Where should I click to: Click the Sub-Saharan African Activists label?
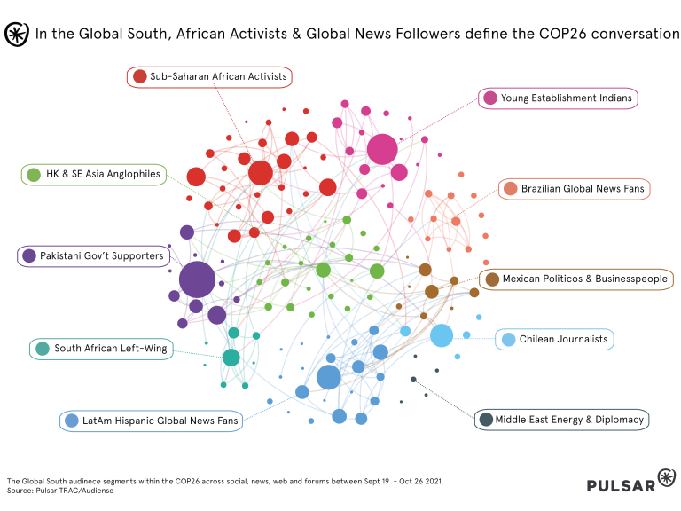tap(218, 77)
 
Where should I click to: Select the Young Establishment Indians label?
tap(567, 98)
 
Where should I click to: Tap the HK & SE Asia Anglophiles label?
tap(103, 175)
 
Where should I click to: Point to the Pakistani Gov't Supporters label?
tap(101, 256)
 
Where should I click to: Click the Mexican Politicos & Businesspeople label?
tap(584, 279)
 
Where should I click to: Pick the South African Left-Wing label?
tap(110, 349)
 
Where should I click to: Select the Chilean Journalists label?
tap(563, 340)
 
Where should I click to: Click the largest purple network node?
tap(197, 280)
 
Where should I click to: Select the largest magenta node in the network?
tap(382, 150)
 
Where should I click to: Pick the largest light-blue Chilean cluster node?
tap(442, 335)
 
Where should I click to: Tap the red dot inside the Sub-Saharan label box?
tap(139, 77)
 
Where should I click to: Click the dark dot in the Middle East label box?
tap(486, 420)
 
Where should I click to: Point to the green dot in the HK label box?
tap(34, 175)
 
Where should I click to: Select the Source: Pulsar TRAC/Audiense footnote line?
tap(60, 490)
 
